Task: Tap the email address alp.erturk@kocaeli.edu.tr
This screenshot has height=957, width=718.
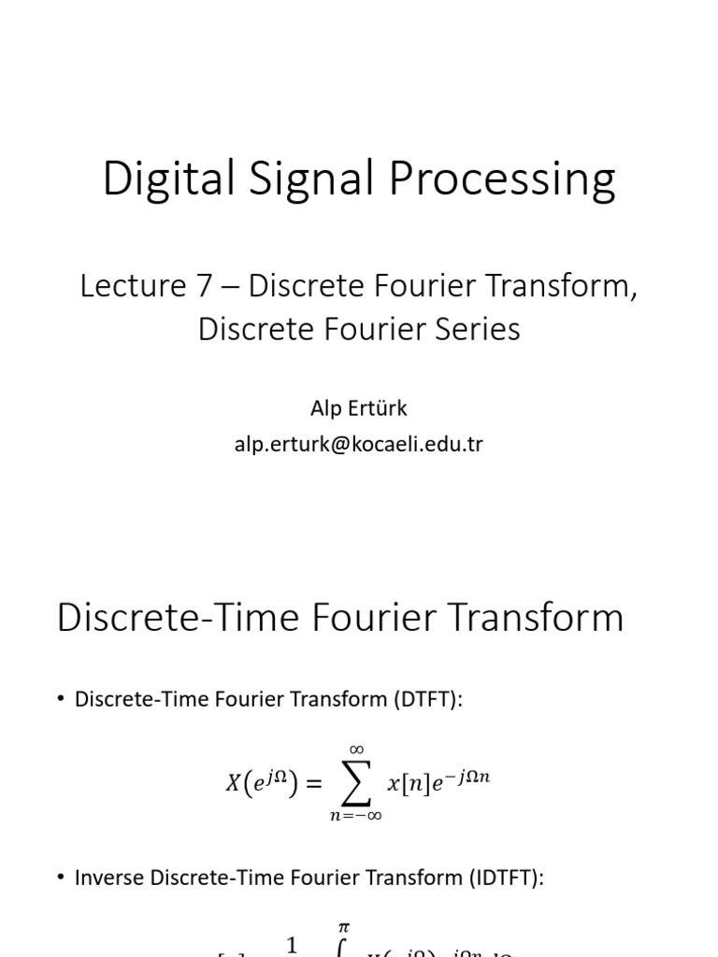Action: pos(359,444)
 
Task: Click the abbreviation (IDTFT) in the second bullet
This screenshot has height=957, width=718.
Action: pos(499,878)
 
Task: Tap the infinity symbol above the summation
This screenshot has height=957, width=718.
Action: pos(356,749)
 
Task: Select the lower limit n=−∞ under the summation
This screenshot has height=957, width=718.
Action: pos(355,816)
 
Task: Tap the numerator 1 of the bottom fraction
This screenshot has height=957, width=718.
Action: pos(292,946)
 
